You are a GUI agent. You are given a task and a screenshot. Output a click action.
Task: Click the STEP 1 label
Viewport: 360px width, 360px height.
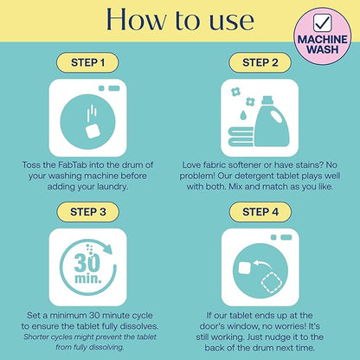pyautogui.click(x=87, y=62)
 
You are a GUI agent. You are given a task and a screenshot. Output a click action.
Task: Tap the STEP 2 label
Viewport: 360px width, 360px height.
pyautogui.click(x=260, y=62)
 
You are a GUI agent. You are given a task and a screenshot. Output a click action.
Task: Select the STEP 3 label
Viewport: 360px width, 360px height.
pyautogui.click(x=87, y=212)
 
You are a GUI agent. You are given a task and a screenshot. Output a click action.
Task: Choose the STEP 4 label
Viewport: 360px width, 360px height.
pyautogui.click(x=260, y=212)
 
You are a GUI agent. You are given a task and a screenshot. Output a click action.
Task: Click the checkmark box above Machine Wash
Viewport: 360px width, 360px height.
pyautogui.click(x=323, y=23)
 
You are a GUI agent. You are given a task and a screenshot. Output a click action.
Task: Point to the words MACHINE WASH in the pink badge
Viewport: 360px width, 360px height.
pyautogui.click(x=323, y=44)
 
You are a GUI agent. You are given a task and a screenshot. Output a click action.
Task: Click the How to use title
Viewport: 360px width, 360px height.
pyautogui.click(x=180, y=19)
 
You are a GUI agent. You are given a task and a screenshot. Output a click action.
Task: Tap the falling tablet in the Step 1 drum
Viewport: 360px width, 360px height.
pyautogui.click(x=93, y=132)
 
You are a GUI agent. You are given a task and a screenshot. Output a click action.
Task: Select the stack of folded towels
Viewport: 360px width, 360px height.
pyautogui.click(x=241, y=137)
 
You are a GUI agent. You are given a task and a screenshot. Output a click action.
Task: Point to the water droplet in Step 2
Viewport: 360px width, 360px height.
pyautogui.click(x=242, y=115)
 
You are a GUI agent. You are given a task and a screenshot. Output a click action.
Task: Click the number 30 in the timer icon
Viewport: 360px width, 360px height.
pyautogui.click(x=87, y=262)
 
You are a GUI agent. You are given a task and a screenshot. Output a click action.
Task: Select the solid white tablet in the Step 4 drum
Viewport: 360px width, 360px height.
pyautogui.click(x=246, y=268)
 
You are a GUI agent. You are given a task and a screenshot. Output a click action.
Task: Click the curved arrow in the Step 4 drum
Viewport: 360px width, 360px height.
pyautogui.click(x=263, y=265)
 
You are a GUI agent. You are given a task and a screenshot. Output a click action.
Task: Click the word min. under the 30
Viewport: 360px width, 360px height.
pyautogui.click(x=88, y=279)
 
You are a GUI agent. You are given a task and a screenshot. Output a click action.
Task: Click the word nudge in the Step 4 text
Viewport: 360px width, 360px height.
pyautogui.click(x=278, y=337)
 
